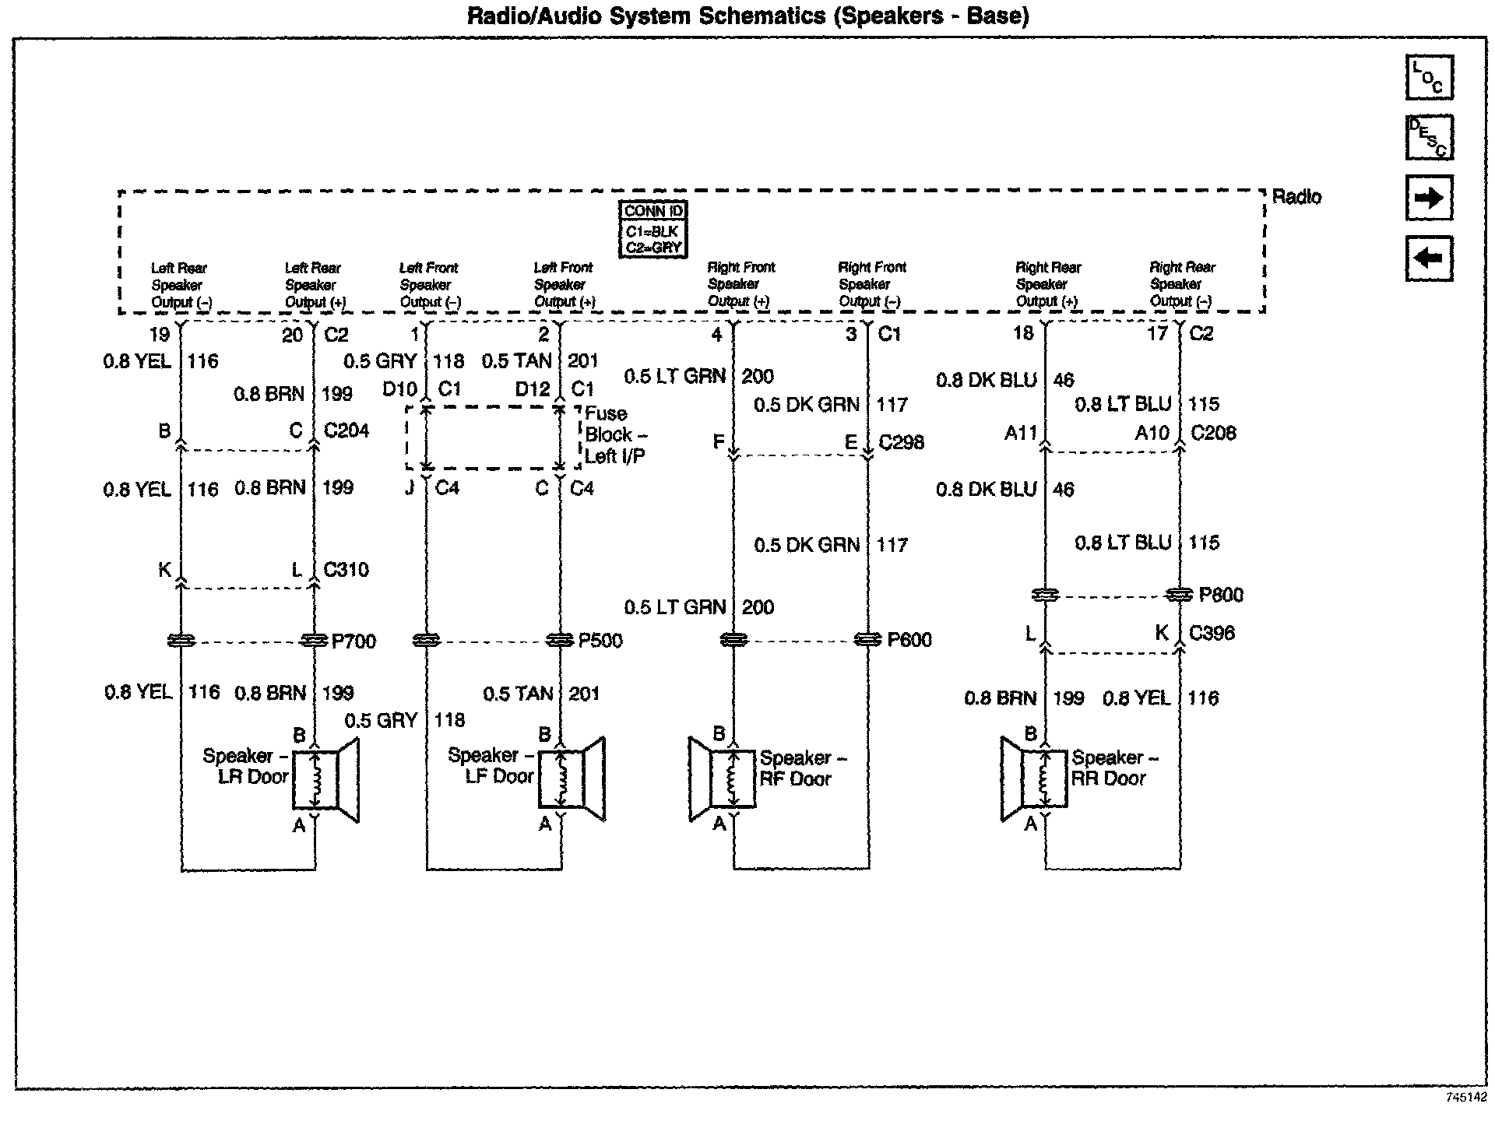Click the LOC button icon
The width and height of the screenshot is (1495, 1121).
(x=1429, y=78)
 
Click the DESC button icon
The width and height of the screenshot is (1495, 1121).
(x=1429, y=137)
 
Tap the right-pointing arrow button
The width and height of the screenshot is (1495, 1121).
(x=1429, y=198)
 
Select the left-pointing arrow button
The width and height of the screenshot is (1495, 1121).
(x=1429, y=258)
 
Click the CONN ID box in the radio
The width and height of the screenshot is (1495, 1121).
(x=653, y=229)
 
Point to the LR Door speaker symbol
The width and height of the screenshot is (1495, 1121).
(x=325, y=779)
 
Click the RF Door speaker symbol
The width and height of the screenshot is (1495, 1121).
(x=723, y=779)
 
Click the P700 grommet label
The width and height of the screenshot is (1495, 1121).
(x=354, y=641)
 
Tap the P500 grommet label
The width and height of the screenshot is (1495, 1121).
(x=600, y=641)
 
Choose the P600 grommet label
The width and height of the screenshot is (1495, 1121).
(x=909, y=640)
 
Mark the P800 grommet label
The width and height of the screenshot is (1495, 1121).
(x=1221, y=596)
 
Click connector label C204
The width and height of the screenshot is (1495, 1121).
(x=346, y=430)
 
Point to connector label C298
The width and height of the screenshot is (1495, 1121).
(x=902, y=442)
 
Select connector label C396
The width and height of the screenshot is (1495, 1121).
(x=1212, y=633)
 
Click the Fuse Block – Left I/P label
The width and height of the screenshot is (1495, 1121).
(x=615, y=434)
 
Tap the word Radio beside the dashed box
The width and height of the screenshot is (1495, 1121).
(x=1296, y=197)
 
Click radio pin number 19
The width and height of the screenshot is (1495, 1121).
(x=160, y=335)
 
